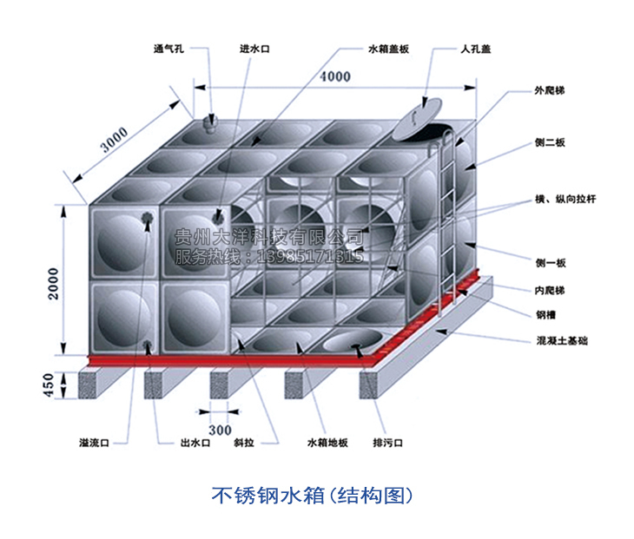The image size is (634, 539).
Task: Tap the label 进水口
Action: click(x=255, y=49)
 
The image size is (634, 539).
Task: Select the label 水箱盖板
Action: click(x=388, y=49)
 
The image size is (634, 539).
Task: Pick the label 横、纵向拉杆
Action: click(x=565, y=200)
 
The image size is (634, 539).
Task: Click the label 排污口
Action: click(x=388, y=443)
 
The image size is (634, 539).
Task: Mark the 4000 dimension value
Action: click(x=335, y=76)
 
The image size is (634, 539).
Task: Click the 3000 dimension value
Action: click(x=112, y=141)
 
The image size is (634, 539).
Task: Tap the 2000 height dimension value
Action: click(x=55, y=282)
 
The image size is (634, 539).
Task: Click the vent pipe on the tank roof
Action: click(x=208, y=123)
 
